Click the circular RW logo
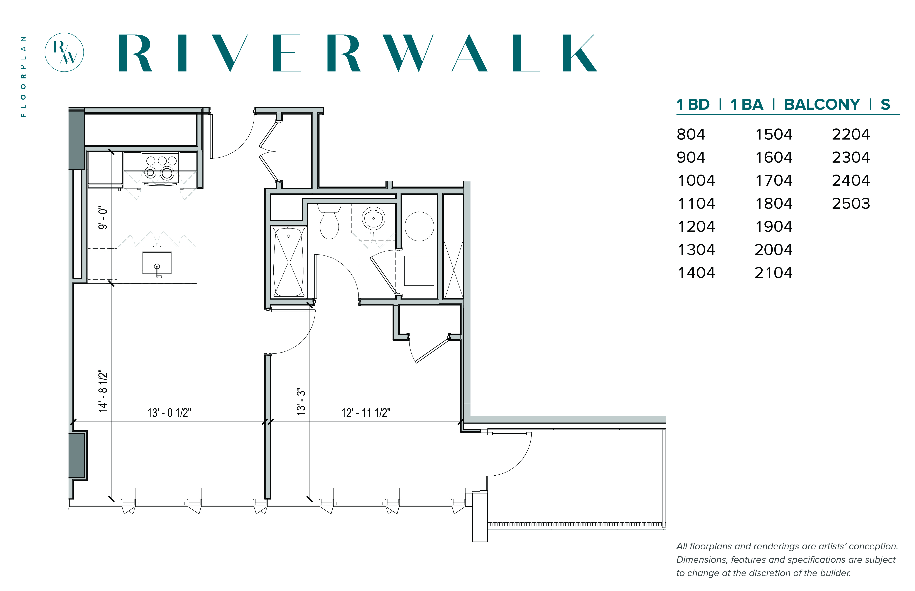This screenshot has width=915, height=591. [x=64, y=52]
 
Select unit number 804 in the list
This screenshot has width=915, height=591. [x=691, y=134]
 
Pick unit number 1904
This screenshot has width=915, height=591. [x=774, y=226]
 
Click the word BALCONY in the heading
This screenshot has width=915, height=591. [x=822, y=104]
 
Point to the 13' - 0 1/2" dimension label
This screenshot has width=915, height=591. [x=169, y=413]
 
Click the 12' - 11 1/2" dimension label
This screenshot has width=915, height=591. [x=366, y=413]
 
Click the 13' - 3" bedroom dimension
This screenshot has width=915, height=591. [x=301, y=401]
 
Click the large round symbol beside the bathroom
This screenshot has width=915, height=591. [x=419, y=226]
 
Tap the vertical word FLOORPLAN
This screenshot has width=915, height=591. [x=23, y=77]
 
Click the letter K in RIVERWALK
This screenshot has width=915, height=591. [x=580, y=53]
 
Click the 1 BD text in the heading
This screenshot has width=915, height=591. [x=693, y=104]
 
